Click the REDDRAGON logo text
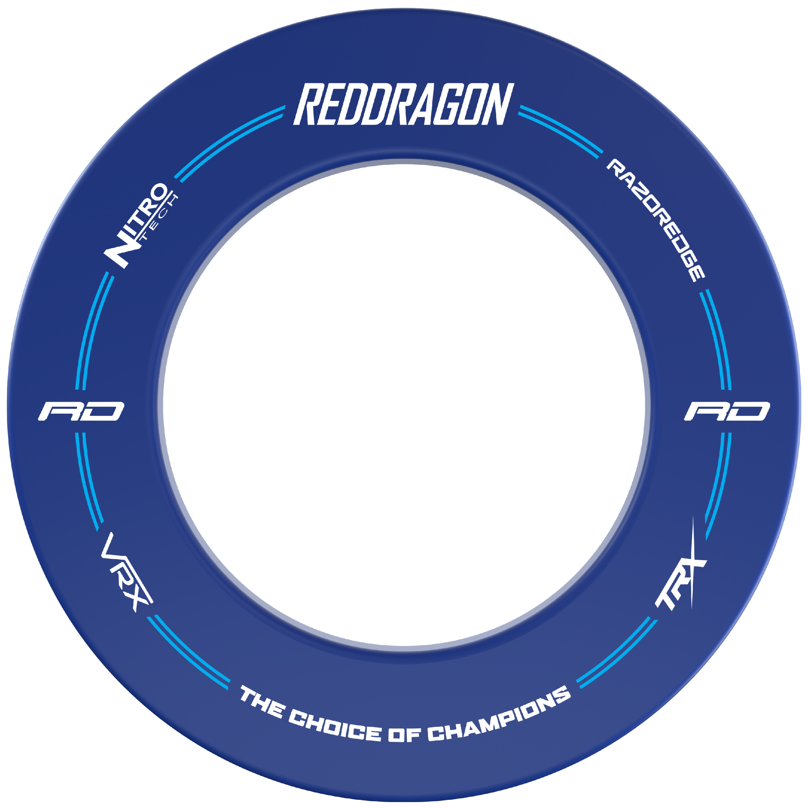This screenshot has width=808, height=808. tap(404, 104)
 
